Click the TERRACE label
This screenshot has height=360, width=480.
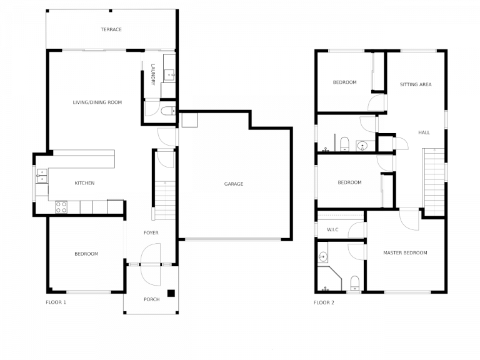pos(111,29)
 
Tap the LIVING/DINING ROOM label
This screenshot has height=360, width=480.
pos(97,102)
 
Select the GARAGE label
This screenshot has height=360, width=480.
pos(234,184)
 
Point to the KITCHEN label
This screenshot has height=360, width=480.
pos(84,183)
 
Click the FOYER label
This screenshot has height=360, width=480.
pos(151,233)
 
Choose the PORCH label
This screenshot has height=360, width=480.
pos(151,299)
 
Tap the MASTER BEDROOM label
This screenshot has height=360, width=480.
pos(405,252)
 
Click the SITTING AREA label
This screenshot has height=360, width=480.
pos(416,84)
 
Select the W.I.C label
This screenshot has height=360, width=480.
pos(332,229)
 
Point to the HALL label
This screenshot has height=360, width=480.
pos(424,132)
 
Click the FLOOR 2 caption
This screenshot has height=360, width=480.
pos(324,302)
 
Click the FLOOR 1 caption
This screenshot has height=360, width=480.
pos(56,302)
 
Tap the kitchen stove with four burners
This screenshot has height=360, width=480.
pos(61,207)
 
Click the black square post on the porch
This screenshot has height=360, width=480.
pos(171,293)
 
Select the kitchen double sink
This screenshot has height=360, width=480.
pos(41,175)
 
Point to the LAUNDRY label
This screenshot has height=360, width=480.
pos(152,74)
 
